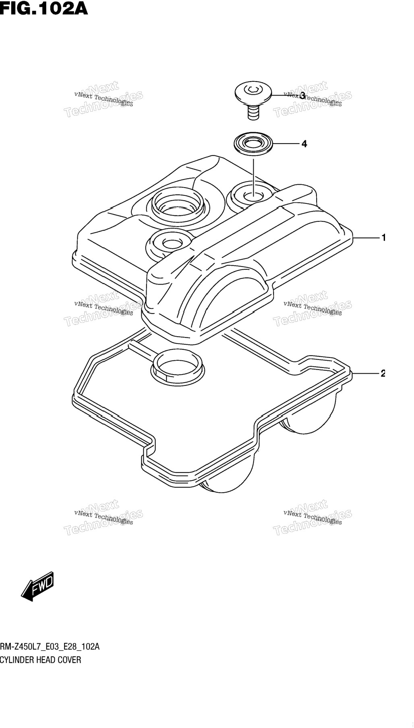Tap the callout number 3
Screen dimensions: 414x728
pos(302,96)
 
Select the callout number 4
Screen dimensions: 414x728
pos(304,144)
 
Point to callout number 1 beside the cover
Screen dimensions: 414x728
pos(383,238)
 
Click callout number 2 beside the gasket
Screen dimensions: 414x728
pos(383,374)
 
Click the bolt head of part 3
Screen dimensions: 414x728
pos(253,93)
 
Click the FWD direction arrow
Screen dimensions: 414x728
pos(37,586)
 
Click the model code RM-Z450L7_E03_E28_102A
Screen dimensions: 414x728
pos(50,647)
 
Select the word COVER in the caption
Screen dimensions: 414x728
pos(70,660)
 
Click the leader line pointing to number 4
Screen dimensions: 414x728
pos(286,144)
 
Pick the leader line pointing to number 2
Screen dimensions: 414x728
pos(366,374)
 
